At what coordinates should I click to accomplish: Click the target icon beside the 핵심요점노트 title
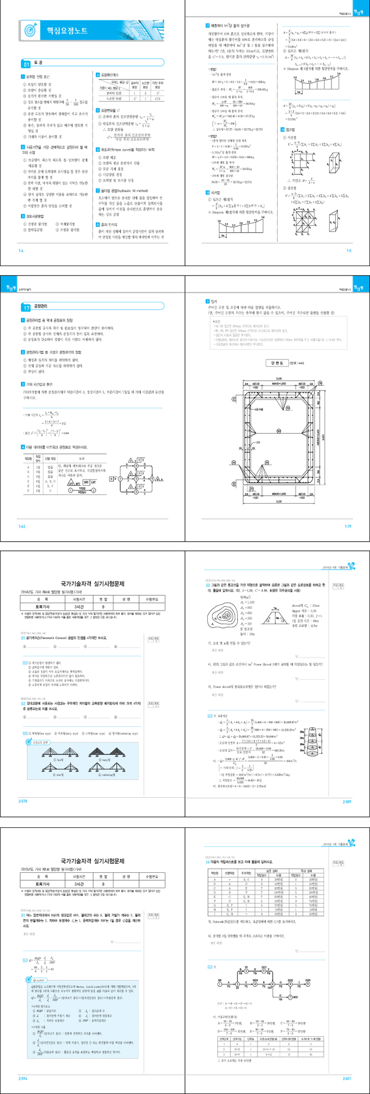(x=32, y=29)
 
